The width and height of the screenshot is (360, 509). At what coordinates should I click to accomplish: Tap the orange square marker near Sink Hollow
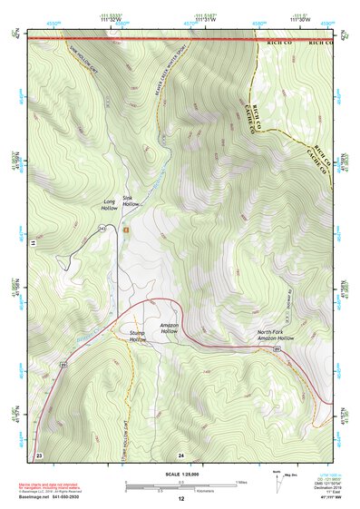click(127, 230)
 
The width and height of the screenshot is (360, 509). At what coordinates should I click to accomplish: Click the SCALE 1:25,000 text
click(179, 474)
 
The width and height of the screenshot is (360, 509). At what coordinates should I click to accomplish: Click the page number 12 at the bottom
click(180, 499)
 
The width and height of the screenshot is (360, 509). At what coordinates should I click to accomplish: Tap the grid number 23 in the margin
click(39, 454)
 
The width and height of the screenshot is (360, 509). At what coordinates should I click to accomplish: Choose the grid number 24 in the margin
click(180, 454)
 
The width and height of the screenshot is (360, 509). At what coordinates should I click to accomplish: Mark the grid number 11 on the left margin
click(31, 244)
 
